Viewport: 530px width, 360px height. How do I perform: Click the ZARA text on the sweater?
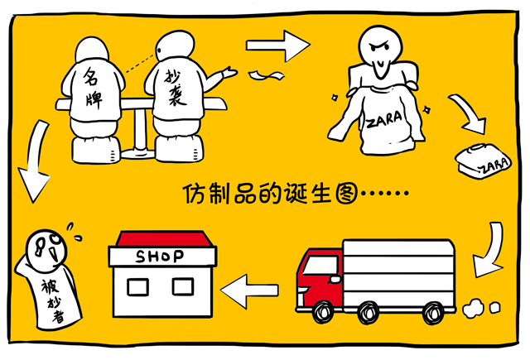point(385,118)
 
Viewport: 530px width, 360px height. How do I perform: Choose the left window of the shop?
point(137,287)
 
